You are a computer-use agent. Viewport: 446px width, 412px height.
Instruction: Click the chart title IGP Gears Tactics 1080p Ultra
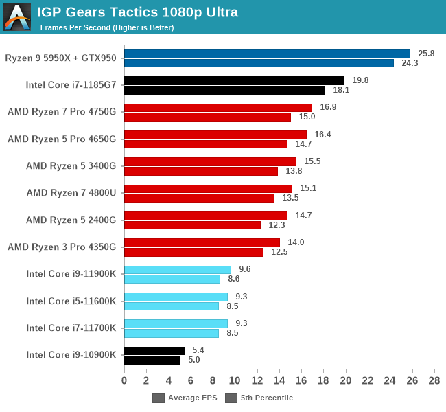(x=137, y=12)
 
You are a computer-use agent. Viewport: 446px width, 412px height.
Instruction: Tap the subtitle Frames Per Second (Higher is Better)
(x=106, y=27)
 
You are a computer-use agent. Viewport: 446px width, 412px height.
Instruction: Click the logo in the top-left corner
(x=17, y=17)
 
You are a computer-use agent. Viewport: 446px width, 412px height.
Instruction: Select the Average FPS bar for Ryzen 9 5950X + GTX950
(x=267, y=54)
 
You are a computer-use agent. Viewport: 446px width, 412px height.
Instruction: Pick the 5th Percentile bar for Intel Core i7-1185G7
(x=224, y=90)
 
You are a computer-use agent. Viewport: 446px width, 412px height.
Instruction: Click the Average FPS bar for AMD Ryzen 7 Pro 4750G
(x=218, y=108)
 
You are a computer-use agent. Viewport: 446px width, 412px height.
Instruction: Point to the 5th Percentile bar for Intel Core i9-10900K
(x=152, y=360)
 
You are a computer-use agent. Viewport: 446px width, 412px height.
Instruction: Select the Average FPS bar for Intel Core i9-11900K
(x=177, y=270)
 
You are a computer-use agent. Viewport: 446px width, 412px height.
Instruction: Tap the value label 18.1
(x=341, y=90)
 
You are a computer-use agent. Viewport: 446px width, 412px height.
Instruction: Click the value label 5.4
(x=199, y=350)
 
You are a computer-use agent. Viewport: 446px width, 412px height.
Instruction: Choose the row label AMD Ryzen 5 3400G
(x=71, y=165)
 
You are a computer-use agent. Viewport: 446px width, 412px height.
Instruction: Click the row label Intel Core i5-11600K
(x=71, y=301)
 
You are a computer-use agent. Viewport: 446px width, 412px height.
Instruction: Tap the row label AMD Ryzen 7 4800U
(x=71, y=193)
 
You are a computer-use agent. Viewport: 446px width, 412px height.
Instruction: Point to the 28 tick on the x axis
(x=434, y=380)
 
